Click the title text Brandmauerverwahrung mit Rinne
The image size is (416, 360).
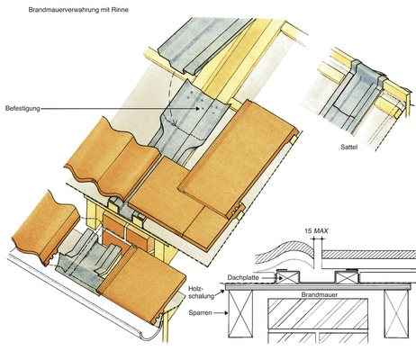pyautogui.click(x=78, y=10)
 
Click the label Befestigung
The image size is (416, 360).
pyautogui.click(x=23, y=108)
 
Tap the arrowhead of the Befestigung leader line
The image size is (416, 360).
pyautogui.click(x=198, y=109)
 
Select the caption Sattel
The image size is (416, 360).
pyautogui.click(x=349, y=147)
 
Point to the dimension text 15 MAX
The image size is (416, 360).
pyautogui.click(x=316, y=231)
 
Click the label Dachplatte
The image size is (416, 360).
pyautogui.click(x=243, y=277)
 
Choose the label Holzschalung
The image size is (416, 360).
pyautogui.click(x=202, y=292)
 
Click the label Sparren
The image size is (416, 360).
pyautogui.click(x=200, y=312)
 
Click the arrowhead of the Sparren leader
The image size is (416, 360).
pyautogui.click(x=226, y=313)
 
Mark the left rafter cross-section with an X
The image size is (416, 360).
pyautogui.click(x=240, y=313)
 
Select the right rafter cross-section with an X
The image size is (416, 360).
pyautogui.click(x=396, y=313)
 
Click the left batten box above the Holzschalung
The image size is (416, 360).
pyautogui.click(x=287, y=277)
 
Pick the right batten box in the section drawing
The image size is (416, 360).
pyautogui.click(x=347, y=277)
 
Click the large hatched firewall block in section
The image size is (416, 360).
pyautogui.click(x=318, y=313)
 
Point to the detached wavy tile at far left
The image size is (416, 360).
pyautogui.click(x=45, y=228)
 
